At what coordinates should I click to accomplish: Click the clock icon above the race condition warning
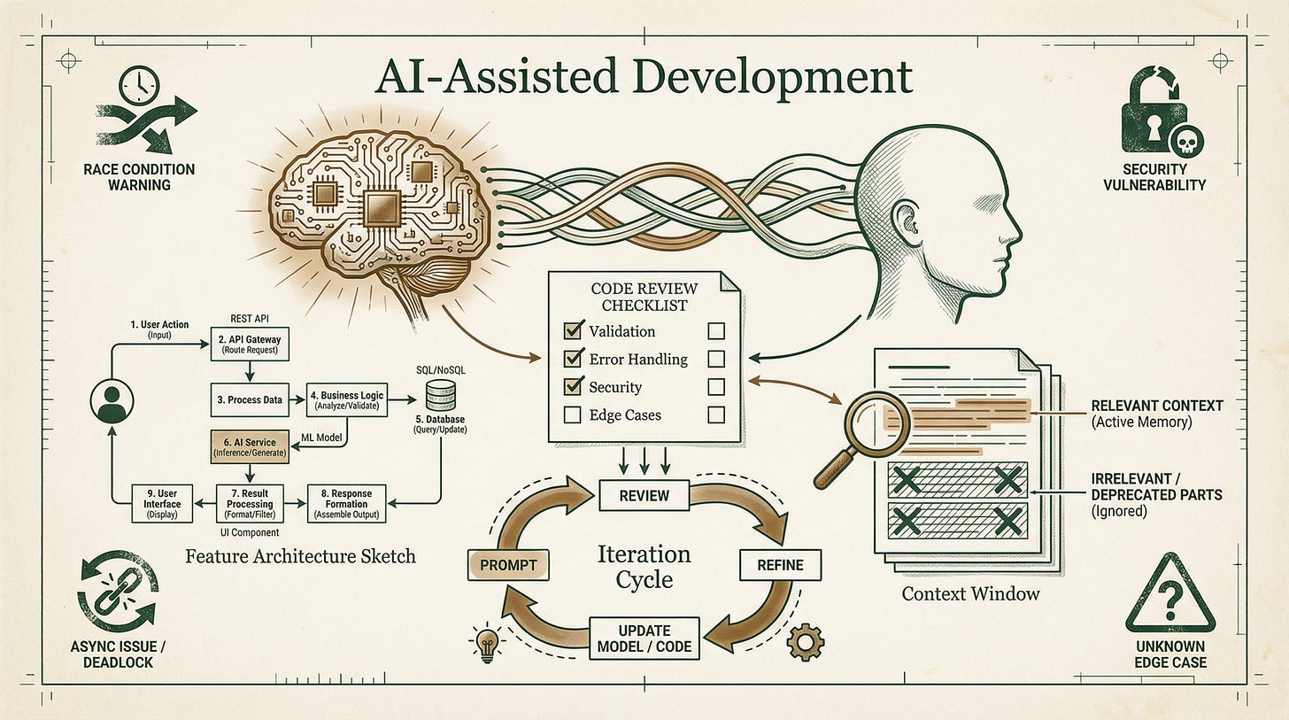(139, 85)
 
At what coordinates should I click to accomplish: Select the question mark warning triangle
(1169, 593)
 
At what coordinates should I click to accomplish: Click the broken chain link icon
(118, 592)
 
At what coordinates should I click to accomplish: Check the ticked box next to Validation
(573, 330)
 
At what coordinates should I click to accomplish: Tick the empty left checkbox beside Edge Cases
(572, 415)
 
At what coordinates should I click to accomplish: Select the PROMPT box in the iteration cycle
(508, 565)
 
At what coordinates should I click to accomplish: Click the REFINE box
(780, 565)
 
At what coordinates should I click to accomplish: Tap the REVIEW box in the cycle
(644, 496)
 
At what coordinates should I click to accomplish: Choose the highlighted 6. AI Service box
(250, 447)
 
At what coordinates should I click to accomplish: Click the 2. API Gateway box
(250, 345)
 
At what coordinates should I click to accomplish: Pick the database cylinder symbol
(441, 395)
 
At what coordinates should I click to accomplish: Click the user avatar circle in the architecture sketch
(112, 402)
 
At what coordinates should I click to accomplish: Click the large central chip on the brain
(382, 207)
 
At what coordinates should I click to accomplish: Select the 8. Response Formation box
(346, 504)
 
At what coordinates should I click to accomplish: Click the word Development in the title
(773, 78)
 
